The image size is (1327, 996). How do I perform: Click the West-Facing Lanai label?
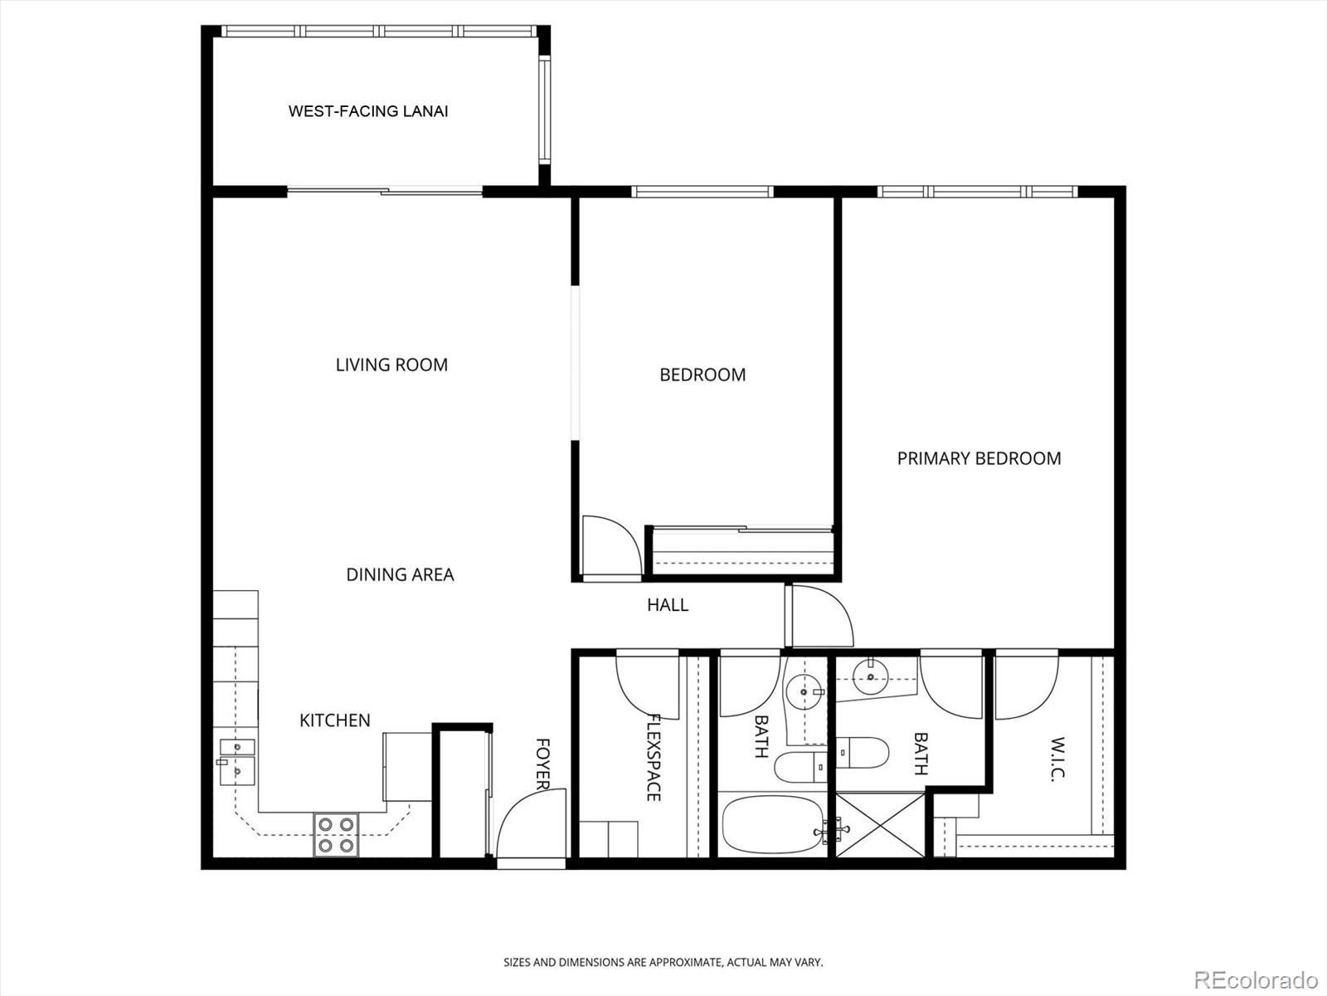coord(368,111)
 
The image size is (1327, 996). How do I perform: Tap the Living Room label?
coord(391,364)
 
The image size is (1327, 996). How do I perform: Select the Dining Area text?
coord(400,574)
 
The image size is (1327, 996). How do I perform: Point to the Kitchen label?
coord(335,720)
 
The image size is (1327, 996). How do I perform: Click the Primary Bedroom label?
coord(979,458)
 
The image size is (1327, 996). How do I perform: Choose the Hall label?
coord(668,605)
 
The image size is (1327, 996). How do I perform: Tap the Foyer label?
coord(543,764)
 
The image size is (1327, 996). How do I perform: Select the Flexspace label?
coord(654,758)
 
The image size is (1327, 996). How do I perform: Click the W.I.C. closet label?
coord(1057,759)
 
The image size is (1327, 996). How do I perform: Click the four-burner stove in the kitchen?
coord(336,834)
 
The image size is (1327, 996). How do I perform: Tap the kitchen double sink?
coord(237,761)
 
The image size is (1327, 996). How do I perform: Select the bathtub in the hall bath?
coord(773,824)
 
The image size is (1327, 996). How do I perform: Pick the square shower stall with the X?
coord(880,825)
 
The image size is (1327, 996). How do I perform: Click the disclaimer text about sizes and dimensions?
coord(663,962)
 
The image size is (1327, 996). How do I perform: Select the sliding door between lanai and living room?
coord(385,192)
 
